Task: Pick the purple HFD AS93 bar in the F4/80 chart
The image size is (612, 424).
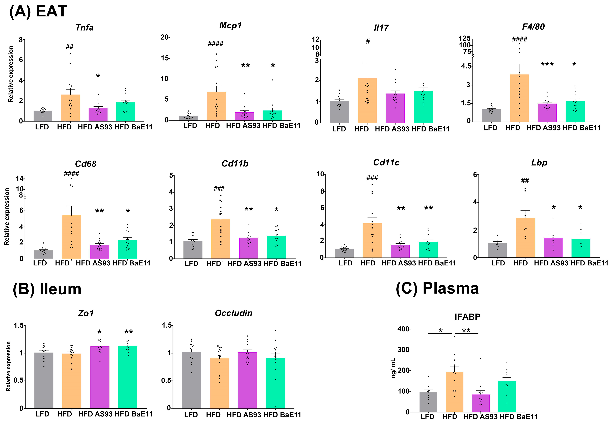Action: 547,113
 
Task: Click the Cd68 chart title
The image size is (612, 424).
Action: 86,164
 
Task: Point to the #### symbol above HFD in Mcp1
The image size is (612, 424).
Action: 215,44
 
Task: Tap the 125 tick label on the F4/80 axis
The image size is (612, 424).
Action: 465,39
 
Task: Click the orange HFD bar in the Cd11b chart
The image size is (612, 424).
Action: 221,239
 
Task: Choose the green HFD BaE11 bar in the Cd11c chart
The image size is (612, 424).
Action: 428,250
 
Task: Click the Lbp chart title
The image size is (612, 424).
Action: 539,163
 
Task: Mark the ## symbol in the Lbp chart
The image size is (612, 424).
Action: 525,181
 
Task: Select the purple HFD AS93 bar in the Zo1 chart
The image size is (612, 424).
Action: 100,377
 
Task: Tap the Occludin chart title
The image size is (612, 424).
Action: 234,313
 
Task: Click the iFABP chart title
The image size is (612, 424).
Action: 467,317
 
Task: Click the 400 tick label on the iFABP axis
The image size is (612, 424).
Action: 403,329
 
